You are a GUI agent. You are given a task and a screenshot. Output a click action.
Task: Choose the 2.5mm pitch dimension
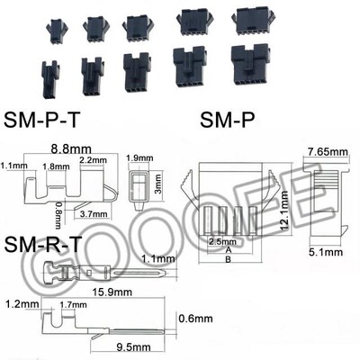click(220, 243)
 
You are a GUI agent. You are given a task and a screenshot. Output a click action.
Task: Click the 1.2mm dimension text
click(19, 305)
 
